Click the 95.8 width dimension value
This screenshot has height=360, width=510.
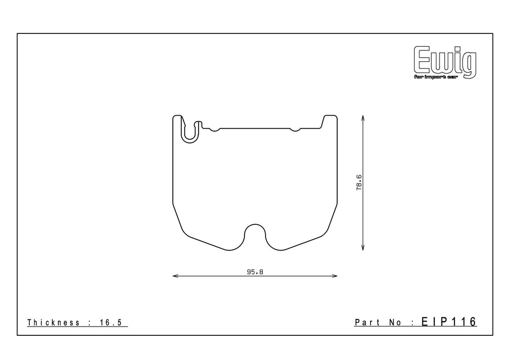click(255, 272)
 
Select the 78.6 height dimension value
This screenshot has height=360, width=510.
click(359, 182)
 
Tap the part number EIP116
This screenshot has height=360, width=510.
click(449, 321)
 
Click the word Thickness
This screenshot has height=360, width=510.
click(54, 322)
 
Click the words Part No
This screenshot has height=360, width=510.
click(378, 322)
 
